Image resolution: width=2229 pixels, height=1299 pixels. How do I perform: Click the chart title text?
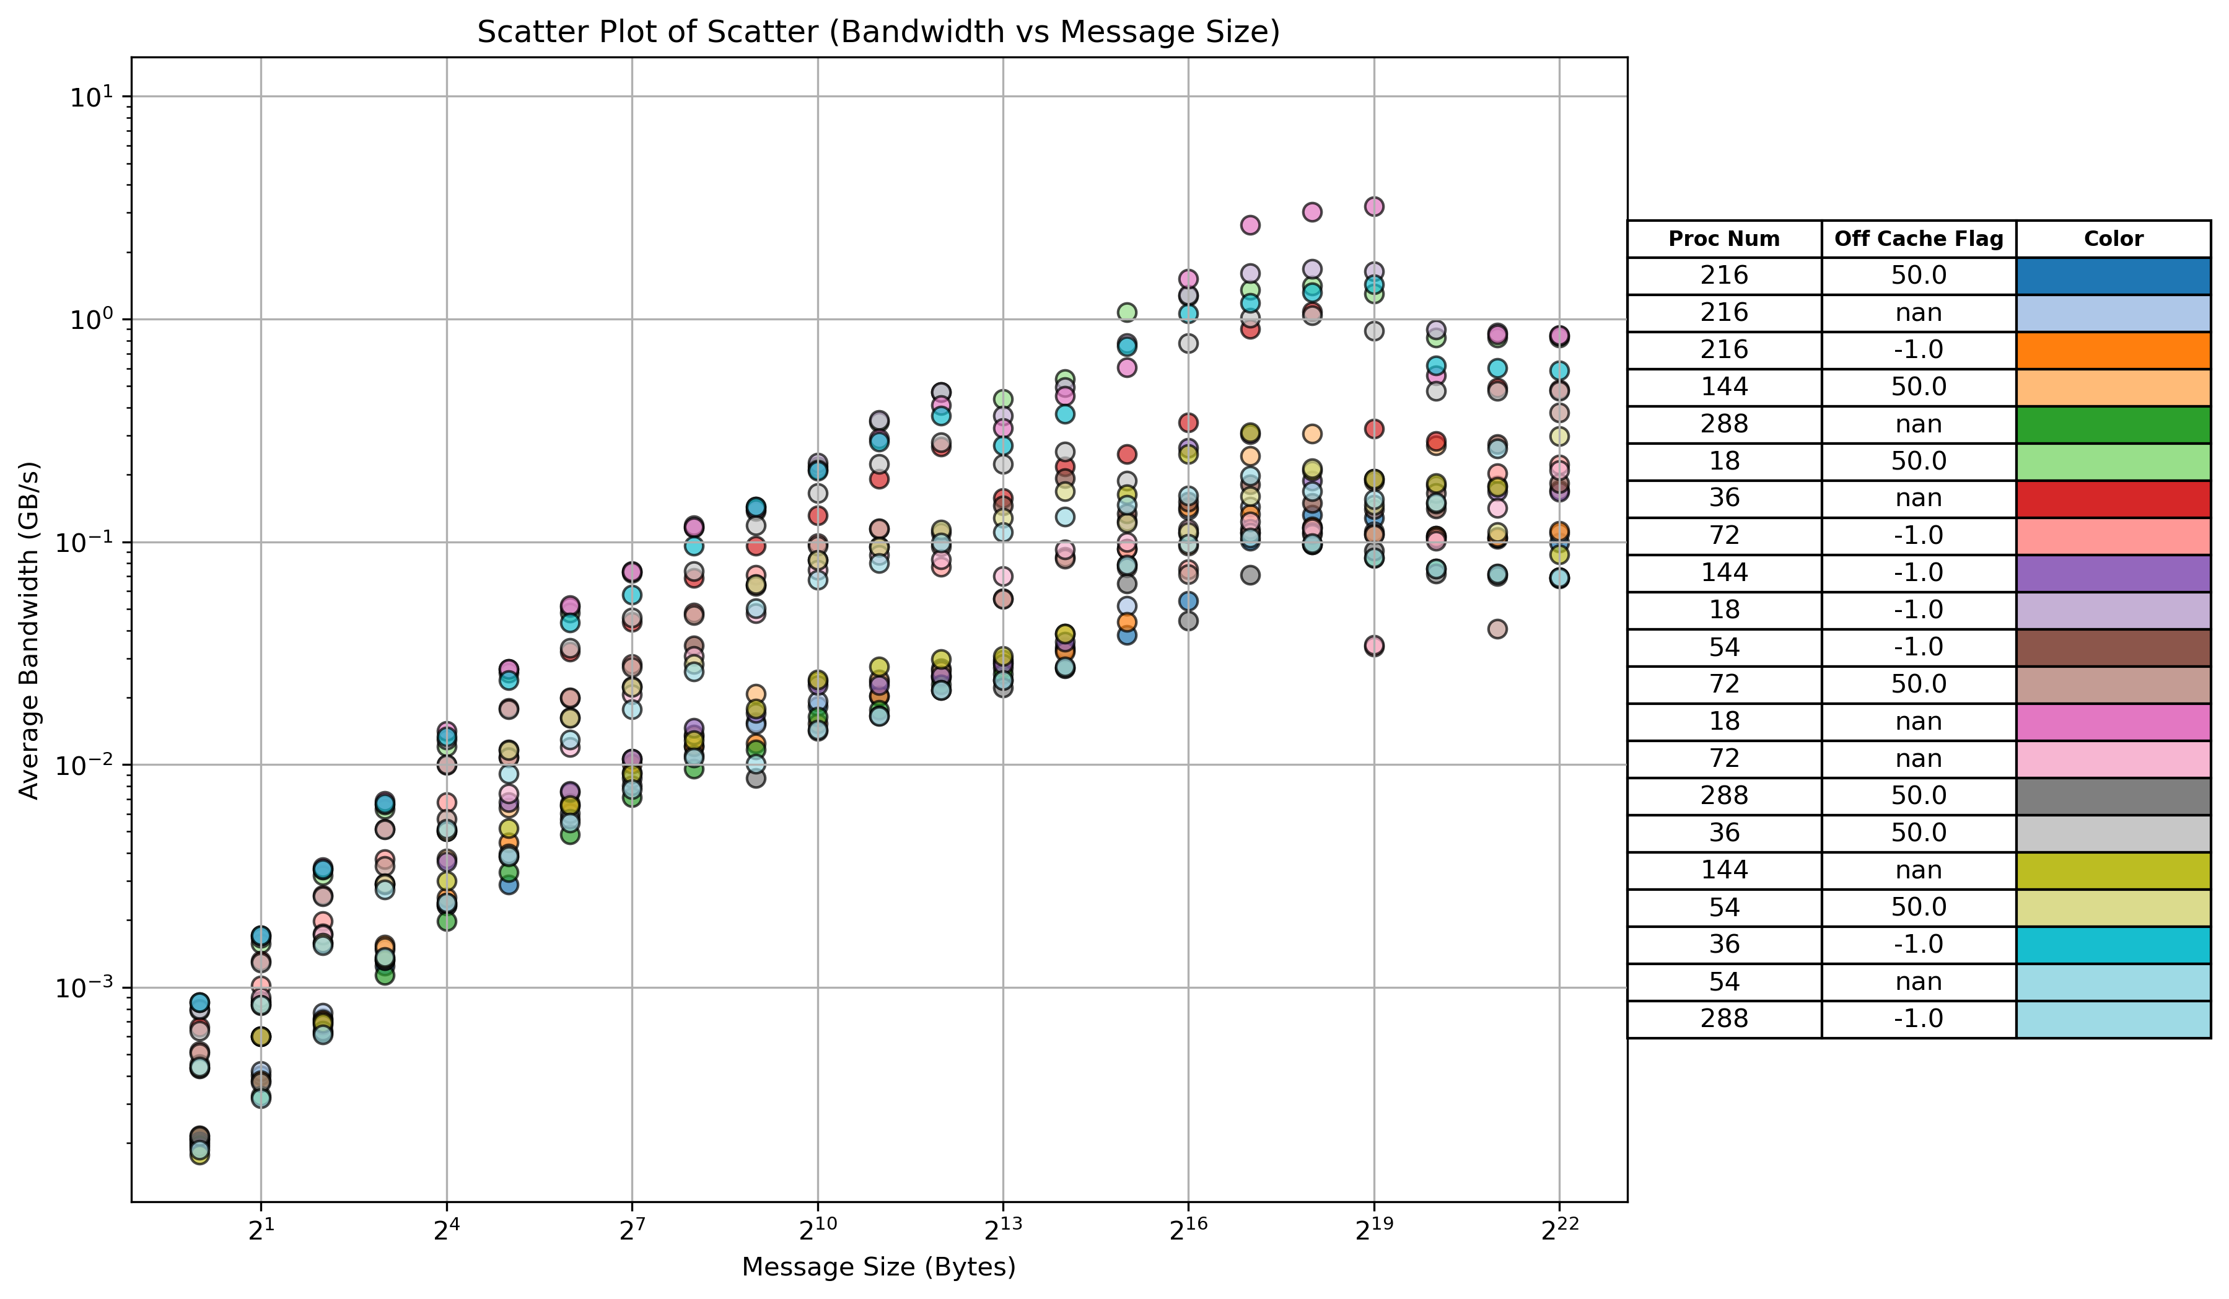(x=878, y=32)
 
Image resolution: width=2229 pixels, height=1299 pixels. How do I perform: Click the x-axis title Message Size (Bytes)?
(x=878, y=1267)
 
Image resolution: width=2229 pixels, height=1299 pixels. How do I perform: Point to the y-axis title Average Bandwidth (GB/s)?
(x=29, y=629)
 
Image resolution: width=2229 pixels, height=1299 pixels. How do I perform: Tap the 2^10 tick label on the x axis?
(x=817, y=1231)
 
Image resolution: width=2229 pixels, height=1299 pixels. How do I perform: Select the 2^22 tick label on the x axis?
(x=1559, y=1231)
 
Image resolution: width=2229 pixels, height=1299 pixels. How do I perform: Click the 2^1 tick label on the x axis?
(x=261, y=1231)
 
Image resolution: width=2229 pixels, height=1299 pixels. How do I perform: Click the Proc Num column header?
(x=1724, y=238)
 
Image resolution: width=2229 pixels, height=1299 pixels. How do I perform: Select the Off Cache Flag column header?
(x=1919, y=238)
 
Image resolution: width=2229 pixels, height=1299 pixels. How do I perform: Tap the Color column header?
(x=2113, y=238)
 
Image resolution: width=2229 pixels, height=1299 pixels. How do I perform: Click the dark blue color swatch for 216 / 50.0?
(x=2113, y=276)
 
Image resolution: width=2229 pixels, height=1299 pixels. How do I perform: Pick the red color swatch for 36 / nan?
(x=2113, y=499)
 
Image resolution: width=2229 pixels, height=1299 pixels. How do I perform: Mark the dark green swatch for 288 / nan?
(x=2113, y=424)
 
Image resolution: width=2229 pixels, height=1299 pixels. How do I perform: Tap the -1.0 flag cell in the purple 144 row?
(x=1919, y=573)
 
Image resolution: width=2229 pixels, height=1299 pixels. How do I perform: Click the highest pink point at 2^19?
(x=1373, y=207)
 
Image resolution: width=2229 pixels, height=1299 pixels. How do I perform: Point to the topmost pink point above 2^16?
(x=1188, y=279)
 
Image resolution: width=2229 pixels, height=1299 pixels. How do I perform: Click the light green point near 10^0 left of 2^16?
(x=1127, y=312)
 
